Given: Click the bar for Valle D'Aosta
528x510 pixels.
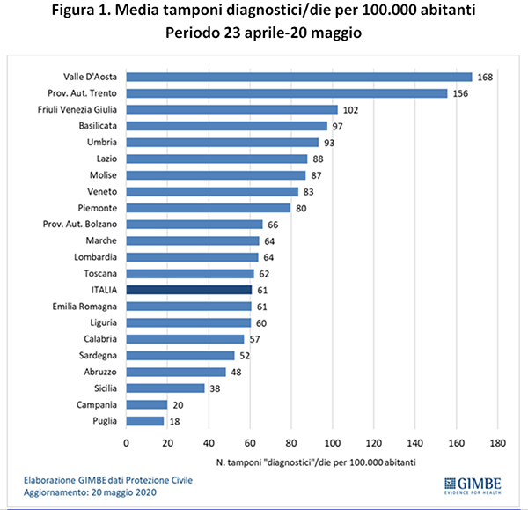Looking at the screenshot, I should (299, 78).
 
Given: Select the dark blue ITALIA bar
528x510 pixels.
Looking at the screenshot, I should (189, 289).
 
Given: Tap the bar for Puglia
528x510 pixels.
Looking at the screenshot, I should (145, 422).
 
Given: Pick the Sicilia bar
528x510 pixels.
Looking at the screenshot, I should (165, 388).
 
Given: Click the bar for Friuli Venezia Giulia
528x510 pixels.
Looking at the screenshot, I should (231, 110).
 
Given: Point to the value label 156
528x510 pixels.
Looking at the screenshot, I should (459, 93).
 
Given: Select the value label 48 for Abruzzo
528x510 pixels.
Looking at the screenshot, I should (237, 372).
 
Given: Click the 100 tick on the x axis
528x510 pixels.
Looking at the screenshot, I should (333, 443).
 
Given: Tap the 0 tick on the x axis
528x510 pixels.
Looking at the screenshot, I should (127, 443).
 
